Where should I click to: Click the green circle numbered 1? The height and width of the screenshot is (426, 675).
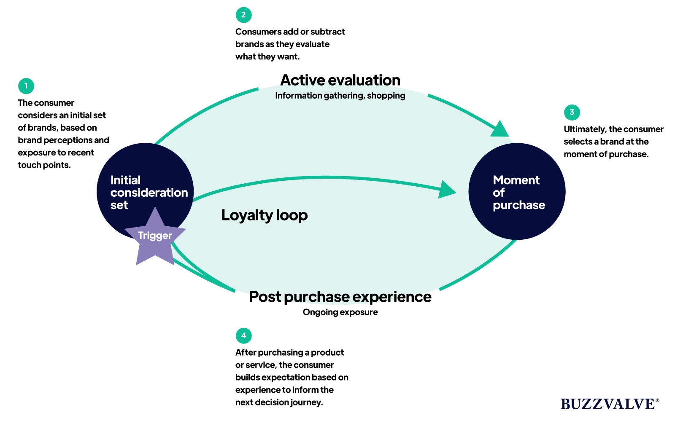point(26,86)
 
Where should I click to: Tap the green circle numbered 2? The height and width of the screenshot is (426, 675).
point(243,15)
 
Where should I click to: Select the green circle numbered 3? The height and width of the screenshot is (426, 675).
point(572,112)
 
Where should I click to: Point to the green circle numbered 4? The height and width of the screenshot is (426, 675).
point(243,336)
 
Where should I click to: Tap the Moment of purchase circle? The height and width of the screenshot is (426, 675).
point(517,192)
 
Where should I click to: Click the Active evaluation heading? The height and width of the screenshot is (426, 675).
point(340,80)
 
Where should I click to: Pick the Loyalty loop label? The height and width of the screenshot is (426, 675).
point(265,215)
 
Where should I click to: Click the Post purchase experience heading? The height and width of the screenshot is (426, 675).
point(340,297)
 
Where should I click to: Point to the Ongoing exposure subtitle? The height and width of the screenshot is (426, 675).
point(340,312)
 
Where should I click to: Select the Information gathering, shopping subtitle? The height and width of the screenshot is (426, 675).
point(340,96)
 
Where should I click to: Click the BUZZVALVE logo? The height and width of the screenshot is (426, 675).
point(607,404)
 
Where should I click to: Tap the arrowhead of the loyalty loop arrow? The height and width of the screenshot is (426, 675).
point(447,190)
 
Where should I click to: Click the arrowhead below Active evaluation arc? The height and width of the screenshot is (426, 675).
point(499,129)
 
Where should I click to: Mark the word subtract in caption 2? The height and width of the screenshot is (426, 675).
point(327,32)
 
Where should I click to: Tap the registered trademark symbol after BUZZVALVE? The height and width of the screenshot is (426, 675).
point(657,400)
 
